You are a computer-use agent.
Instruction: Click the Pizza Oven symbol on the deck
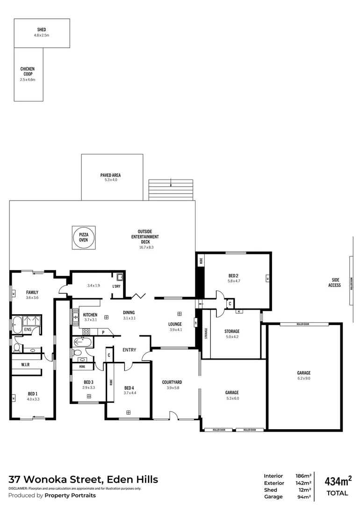(x=83, y=237)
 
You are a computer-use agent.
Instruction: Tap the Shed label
(x=42, y=30)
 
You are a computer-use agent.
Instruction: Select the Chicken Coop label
(x=28, y=72)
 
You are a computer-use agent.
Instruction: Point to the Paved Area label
(x=111, y=175)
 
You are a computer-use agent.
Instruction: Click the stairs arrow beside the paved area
(x=171, y=183)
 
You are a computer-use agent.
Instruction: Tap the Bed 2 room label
(x=233, y=275)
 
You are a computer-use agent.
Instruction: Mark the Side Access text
(x=335, y=282)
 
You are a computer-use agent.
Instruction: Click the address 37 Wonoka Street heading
(x=83, y=479)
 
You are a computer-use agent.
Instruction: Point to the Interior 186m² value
(x=303, y=476)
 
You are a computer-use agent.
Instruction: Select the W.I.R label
(x=26, y=364)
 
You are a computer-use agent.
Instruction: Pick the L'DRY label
(x=117, y=286)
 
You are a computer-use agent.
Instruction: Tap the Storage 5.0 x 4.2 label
(x=231, y=331)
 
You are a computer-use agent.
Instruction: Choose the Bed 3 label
(x=89, y=382)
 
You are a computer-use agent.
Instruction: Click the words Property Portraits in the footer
(x=70, y=495)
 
